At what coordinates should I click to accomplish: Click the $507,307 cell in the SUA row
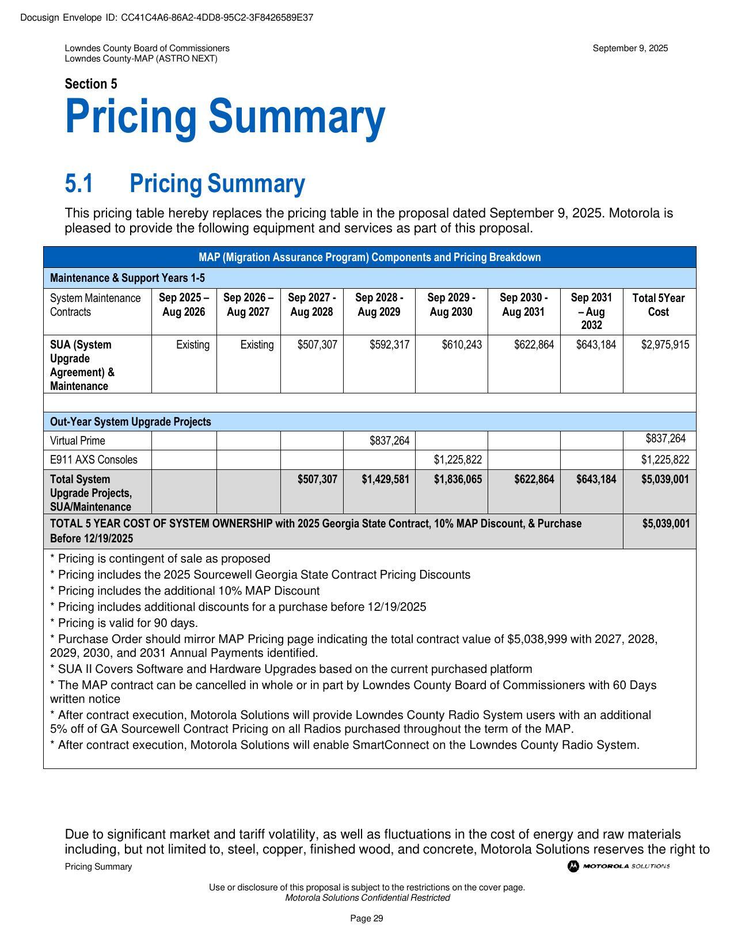[317, 345]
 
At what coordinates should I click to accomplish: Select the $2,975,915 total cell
[665, 345]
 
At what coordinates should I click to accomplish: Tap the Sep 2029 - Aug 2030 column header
[451, 305]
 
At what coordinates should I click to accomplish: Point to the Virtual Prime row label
[78, 441]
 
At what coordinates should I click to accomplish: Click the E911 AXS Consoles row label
[94, 460]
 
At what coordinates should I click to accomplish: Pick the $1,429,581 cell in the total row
[385, 479]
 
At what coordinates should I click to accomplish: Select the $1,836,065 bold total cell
[458, 479]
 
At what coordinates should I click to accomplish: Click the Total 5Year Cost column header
[659, 305]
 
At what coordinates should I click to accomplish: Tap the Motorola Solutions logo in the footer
[618, 866]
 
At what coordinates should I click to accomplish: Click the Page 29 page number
[367, 919]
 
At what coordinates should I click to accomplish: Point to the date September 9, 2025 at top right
[630, 48]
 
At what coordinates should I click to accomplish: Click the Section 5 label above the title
[91, 84]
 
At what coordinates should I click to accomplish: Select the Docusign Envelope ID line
[167, 17]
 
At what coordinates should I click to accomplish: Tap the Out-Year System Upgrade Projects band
[131, 422]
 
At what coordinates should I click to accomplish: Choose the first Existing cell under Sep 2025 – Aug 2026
[192, 345]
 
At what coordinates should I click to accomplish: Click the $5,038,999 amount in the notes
[537, 639]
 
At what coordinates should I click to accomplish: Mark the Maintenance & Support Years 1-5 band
[127, 278]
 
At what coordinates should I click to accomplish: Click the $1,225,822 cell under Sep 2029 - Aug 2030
[458, 460]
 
